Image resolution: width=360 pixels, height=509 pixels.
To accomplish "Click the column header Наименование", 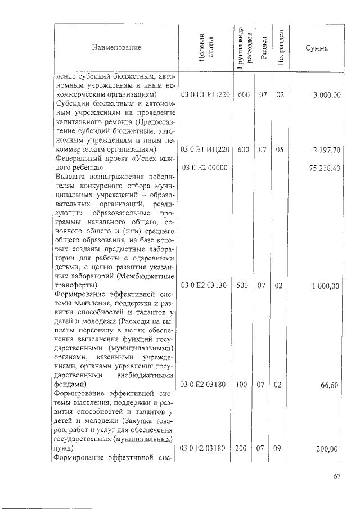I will point(116,48).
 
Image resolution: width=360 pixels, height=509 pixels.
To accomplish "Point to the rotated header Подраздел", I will point(280,48).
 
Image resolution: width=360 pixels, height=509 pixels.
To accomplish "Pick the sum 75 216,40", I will point(326,168).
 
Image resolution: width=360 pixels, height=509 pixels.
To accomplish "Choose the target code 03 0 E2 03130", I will point(204,286).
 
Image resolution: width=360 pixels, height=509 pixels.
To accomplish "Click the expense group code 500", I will point(242,286).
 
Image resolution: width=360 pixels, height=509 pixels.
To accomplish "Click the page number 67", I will point(336,477).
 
